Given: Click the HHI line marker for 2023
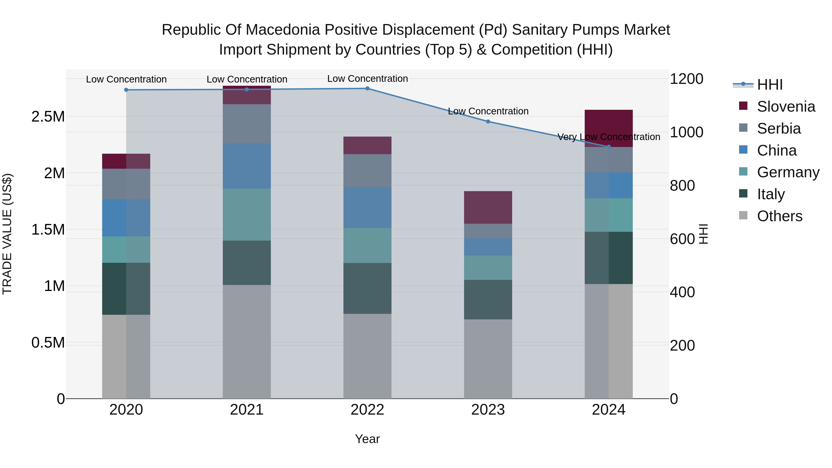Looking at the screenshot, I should point(488,121).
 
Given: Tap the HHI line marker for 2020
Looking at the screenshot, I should point(126,90).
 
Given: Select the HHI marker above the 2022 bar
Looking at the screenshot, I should point(367,89).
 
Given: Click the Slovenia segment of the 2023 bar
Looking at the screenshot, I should point(488,207).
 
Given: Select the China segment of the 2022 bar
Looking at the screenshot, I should point(367,208).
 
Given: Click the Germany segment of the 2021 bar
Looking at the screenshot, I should point(247,214).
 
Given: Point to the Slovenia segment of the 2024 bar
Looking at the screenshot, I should point(609,128).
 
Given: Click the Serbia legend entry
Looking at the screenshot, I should point(779,128).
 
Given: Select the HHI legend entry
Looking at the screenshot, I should point(770,85).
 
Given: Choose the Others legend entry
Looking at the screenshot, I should point(779,216).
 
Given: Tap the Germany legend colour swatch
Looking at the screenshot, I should point(743,171).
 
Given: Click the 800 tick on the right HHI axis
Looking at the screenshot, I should point(682,186).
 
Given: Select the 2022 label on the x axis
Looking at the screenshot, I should point(367,410).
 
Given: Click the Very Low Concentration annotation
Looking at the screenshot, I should point(609,137).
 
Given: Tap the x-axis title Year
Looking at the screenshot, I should point(367,439).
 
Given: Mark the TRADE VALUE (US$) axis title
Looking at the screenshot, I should point(7,234).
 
